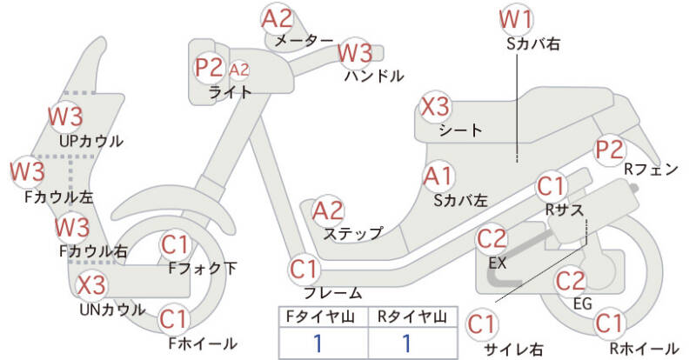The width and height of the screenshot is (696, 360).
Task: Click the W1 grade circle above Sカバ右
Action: (x=516, y=19)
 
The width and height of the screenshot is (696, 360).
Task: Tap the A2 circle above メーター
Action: (x=278, y=18)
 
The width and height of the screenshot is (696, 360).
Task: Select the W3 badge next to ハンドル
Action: (x=355, y=52)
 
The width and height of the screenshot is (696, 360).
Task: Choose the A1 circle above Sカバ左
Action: (x=438, y=176)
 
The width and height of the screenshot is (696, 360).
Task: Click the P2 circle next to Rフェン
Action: (x=609, y=150)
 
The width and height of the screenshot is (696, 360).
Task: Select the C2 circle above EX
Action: (x=492, y=237)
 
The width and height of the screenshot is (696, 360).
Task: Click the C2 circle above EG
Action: (x=570, y=281)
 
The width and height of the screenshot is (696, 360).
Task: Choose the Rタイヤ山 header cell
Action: (x=409, y=317)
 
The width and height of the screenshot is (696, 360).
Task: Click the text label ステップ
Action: (x=352, y=233)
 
